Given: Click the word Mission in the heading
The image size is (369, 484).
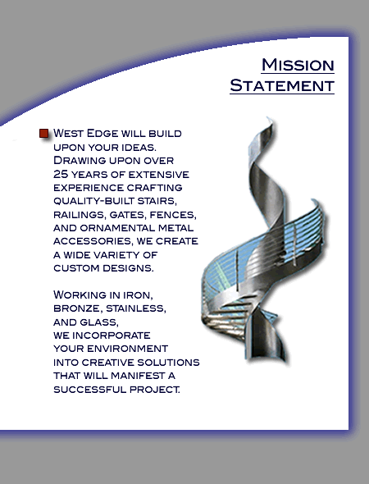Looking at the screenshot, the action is tap(298, 65).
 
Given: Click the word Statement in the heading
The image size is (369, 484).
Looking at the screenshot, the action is tap(282, 85).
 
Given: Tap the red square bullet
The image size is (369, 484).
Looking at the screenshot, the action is tap(44, 134).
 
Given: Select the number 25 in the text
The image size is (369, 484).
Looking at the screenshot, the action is tap(61, 174).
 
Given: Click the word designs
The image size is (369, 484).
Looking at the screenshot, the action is tap(128, 268).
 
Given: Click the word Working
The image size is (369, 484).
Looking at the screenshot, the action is tap(80, 295).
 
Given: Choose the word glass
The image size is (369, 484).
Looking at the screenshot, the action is tap(99, 322).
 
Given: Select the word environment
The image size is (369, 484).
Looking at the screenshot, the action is tap(127, 349).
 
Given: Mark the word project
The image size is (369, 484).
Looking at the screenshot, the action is tap(154, 389).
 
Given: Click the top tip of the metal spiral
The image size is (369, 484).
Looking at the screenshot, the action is tap(268, 117).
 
